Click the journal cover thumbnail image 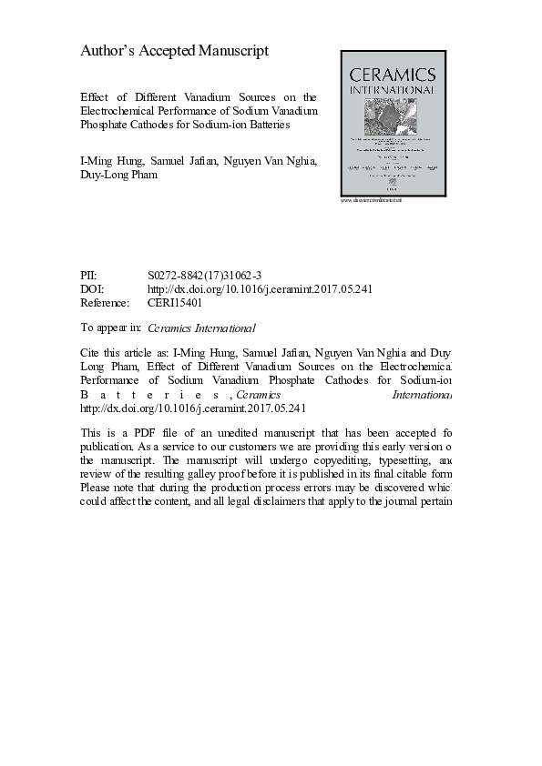pos(394,123)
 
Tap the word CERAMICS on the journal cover pos(394,75)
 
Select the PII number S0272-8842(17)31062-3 pos(200,275)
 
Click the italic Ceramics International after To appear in pos(201,328)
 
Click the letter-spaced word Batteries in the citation pos(151,396)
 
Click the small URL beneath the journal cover pos(371,200)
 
